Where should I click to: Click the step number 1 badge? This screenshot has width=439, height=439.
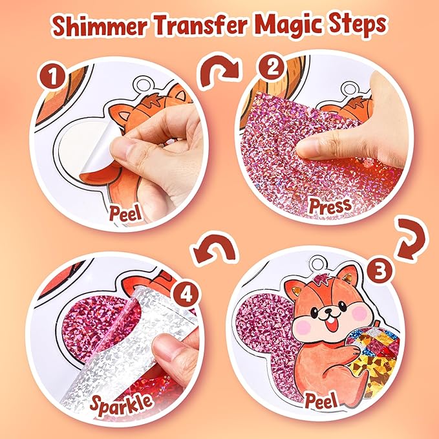click(x=52, y=76)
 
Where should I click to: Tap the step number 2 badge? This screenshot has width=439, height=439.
click(x=272, y=67)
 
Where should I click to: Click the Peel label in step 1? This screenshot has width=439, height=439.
click(x=125, y=213)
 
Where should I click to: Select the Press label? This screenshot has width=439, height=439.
click(x=330, y=207)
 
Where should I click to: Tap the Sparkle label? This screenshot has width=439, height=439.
click(x=122, y=404)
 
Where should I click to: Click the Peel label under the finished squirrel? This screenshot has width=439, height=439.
click(x=321, y=400)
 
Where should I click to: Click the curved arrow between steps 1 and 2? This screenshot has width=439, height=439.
click(x=219, y=70)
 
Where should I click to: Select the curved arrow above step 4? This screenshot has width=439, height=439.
click(x=214, y=246)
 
